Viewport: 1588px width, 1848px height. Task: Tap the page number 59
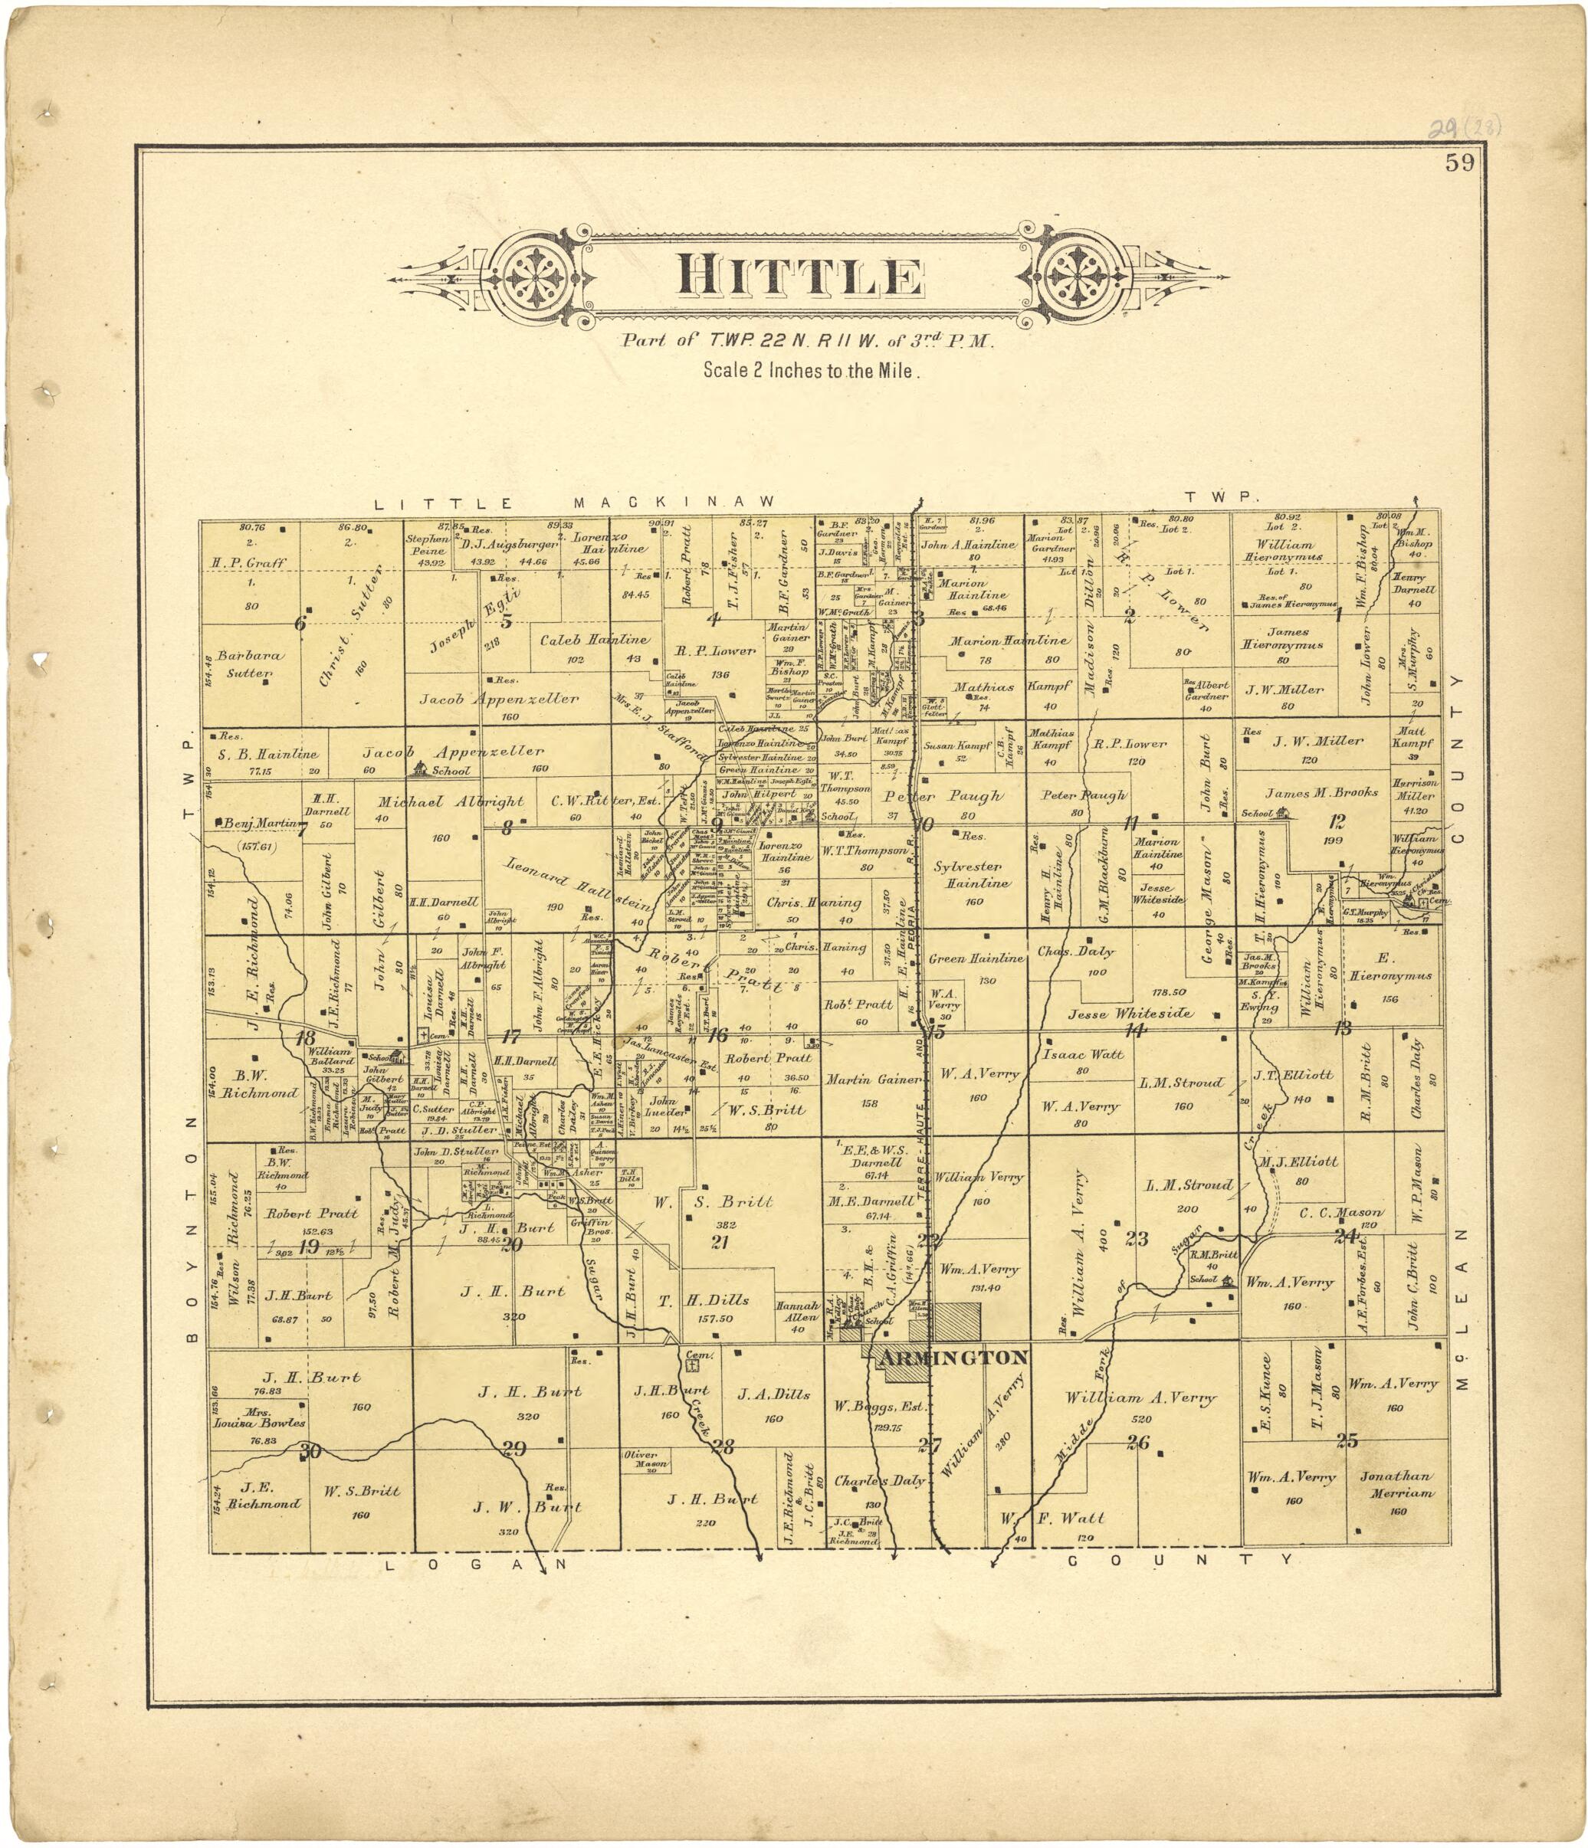click(1461, 162)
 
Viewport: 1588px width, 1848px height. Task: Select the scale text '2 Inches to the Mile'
click(809, 370)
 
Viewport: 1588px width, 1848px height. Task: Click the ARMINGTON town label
click(953, 1358)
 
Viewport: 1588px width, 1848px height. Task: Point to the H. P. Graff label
click(249, 563)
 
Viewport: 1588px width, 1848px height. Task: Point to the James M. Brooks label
click(1321, 792)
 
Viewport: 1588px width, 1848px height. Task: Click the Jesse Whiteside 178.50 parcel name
click(1130, 1014)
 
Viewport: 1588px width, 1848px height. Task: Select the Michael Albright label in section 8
click(451, 802)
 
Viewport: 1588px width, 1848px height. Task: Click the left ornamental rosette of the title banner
click(543, 278)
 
